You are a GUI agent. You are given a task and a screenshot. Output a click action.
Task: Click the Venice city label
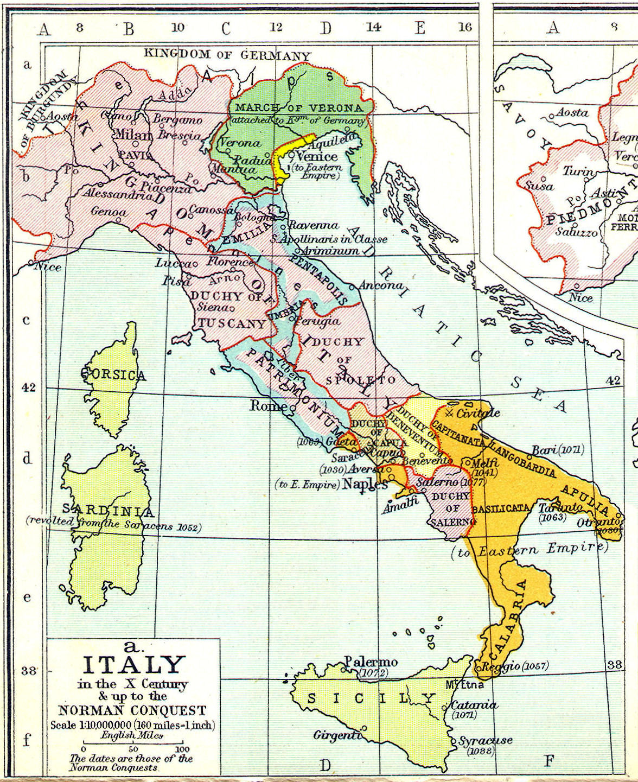coord(317,156)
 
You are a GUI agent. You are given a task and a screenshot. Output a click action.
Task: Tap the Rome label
coord(268,405)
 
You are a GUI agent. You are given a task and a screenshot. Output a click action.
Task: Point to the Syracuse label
coord(485,741)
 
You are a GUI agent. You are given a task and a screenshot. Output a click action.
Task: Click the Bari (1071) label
coord(558,450)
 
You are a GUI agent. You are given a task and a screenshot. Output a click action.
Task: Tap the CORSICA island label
coord(113,375)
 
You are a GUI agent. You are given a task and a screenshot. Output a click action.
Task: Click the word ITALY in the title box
coord(134,665)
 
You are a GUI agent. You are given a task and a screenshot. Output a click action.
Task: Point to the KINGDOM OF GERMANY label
coord(227,55)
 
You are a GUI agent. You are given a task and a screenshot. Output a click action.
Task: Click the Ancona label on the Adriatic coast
coord(381,285)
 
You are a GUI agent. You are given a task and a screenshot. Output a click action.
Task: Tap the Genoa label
coord(109,211)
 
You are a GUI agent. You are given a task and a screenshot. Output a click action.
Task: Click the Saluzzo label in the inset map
coord(576,231)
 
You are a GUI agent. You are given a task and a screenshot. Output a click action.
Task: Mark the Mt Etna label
coord(464,685)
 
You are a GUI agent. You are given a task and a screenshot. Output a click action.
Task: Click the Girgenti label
coord(337,735)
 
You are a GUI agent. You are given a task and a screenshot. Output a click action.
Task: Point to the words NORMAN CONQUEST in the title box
coord(132,710)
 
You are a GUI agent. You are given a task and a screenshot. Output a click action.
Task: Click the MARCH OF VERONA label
coord(298,108)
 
